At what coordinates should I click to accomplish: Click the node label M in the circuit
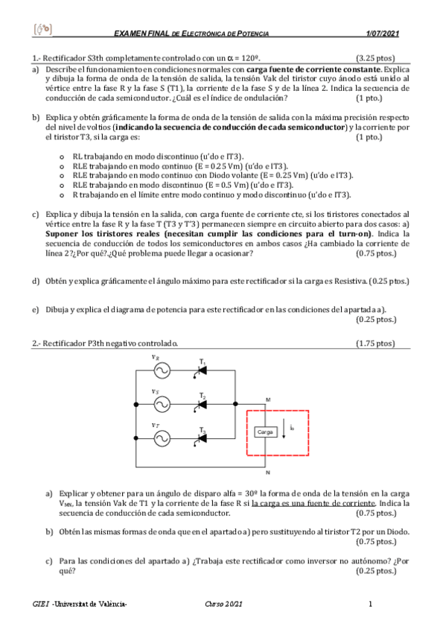click(268, 399)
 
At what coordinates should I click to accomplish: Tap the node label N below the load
click(267, 472)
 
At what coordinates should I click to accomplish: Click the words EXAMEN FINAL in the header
click(140, 34)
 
